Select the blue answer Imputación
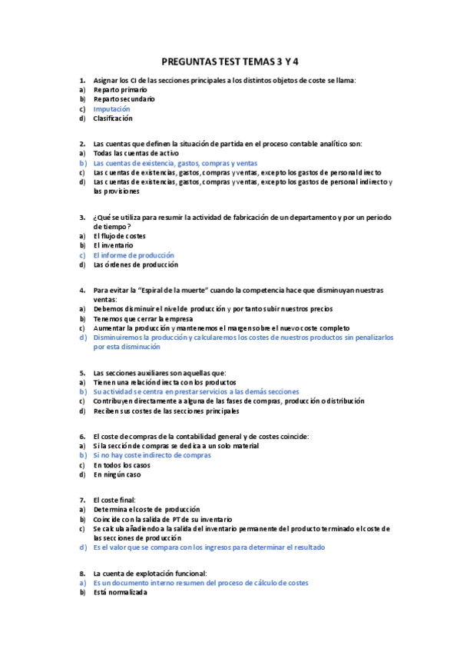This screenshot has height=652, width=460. (x=111, y=109)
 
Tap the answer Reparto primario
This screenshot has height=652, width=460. (x=121, y=90)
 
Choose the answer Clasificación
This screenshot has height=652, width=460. (x=113, y=118)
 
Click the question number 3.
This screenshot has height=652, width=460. (x=82, y=217)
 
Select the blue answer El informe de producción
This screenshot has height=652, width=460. (x=134, y=255)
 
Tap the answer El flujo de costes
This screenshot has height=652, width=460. (x=119, y=236)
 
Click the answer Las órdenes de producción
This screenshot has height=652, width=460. (x=135, y=264)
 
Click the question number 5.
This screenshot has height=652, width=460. (x=82, y=372)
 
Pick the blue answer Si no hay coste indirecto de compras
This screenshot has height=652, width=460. (x=152, y=455)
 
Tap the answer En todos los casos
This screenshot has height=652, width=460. (x=121, y=465)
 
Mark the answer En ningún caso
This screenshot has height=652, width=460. (x=118, y=474)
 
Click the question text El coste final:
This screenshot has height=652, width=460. (x=114, y=500)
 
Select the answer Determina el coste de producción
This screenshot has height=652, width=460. (x=147, y=509)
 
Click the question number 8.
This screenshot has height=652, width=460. (x=82, y=574)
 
